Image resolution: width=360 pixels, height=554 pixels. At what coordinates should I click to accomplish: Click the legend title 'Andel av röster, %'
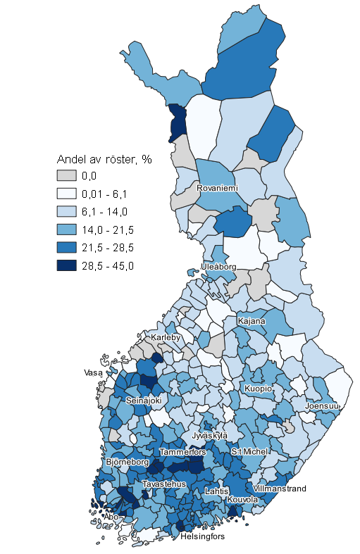point(104,159)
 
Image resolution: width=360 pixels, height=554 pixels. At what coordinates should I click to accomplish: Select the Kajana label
point(252,321)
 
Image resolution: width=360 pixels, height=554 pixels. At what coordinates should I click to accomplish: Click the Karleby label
point(166,338)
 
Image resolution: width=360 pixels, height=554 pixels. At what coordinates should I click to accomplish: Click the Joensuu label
point(323,406)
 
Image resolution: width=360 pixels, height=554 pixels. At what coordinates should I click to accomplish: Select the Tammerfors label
point(182,451)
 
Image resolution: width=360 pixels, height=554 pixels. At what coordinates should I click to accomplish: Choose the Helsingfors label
point(202,536)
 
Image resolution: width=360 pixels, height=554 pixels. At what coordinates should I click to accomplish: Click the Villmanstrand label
point(279,488)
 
